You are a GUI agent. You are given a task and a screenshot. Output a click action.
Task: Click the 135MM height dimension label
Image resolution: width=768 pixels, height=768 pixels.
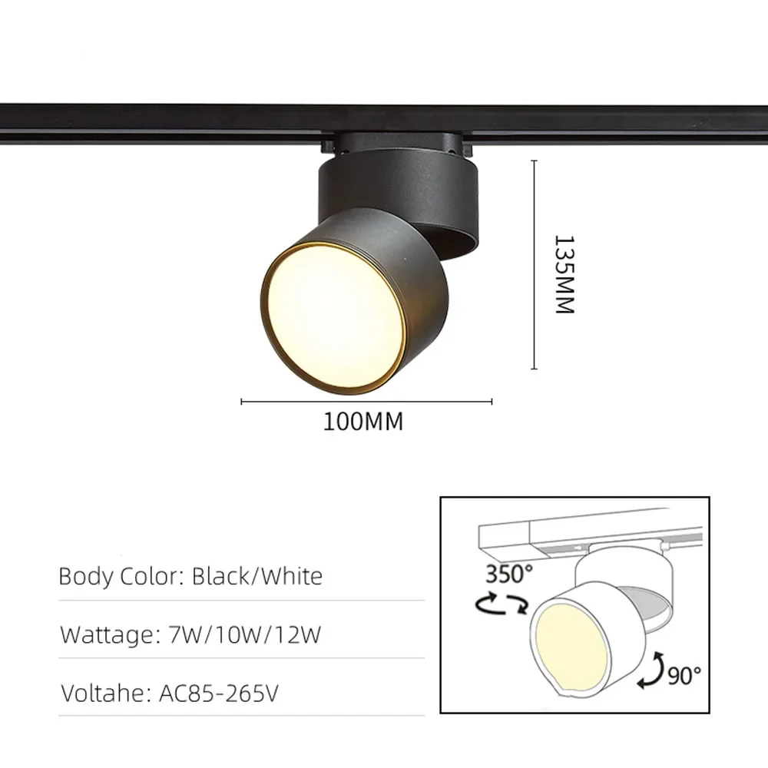(564, 274)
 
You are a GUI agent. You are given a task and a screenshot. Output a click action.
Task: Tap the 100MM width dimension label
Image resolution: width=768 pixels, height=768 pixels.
(362, 422)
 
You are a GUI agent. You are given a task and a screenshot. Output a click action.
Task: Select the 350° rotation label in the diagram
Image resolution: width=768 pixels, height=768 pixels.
(508, 574)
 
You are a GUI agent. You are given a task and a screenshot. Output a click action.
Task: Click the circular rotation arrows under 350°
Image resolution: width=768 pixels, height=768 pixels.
(502, 605)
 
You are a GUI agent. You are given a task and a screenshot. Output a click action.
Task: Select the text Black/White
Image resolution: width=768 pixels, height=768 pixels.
(257, 576)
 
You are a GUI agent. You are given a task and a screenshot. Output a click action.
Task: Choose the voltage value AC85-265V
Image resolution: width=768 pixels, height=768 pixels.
(218, 694)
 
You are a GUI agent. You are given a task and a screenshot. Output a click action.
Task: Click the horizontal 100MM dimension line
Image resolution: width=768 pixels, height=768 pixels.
(366, 401)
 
